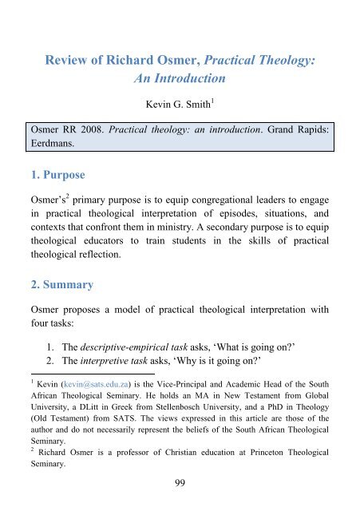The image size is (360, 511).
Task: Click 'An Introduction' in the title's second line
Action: (180, 81)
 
